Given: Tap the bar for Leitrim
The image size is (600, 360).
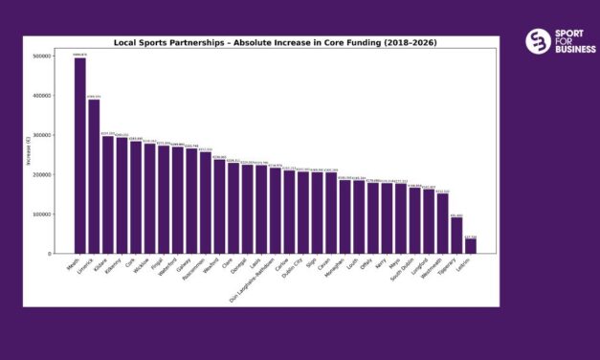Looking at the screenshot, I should (x=470, y=246).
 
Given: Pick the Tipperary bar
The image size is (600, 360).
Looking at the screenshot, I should (x=456, y=236).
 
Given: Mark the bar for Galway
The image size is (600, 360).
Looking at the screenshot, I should (x=191, y=201).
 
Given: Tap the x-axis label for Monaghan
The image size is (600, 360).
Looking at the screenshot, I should (x=338, y=269).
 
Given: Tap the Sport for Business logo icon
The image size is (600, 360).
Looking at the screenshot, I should (x=538, y=41).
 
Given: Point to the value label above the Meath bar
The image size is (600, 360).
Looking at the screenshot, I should (x=80, y=55).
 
